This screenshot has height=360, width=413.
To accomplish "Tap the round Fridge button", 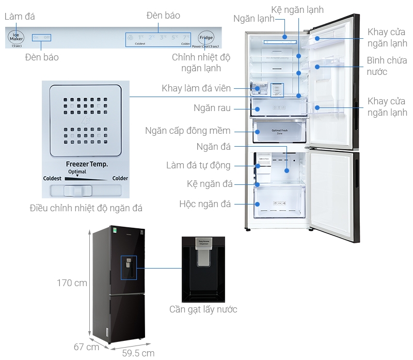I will (206, 38).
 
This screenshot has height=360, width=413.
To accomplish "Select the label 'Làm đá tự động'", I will (198, 166).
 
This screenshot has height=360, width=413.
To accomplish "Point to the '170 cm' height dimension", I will (72, 283).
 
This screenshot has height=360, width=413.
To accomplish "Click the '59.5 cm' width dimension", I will (138, 353).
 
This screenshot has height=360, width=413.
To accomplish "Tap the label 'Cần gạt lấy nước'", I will (203, 309).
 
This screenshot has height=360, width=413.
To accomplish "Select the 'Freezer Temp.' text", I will (87, 164).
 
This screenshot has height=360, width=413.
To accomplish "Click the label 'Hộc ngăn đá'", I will (205, 204).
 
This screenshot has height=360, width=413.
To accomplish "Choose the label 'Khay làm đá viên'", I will (196, 88).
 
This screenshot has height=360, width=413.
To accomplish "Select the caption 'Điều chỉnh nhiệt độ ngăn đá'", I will (86, 209).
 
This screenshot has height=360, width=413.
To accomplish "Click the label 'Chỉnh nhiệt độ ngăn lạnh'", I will (201, 62).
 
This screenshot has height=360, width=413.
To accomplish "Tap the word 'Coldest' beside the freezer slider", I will (53, 178).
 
